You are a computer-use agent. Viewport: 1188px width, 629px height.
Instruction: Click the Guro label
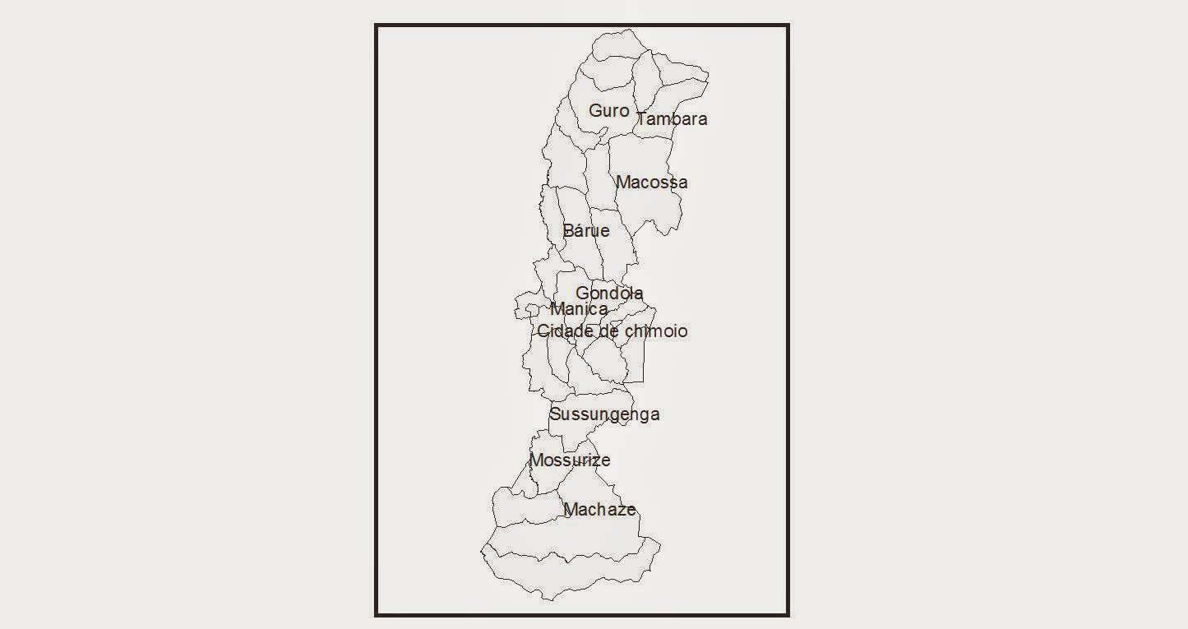609,110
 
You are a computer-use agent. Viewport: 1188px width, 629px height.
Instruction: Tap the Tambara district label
672,118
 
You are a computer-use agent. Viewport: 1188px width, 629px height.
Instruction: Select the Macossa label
651,182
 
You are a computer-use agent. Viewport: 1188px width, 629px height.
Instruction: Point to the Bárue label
586,230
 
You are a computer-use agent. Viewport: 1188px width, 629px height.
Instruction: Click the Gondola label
609,293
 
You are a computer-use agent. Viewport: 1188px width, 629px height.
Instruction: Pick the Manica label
579,309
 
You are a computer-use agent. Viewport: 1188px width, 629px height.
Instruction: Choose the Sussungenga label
604,414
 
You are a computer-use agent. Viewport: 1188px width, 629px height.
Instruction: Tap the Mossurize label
569,460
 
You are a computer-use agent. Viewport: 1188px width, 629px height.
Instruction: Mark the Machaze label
599,510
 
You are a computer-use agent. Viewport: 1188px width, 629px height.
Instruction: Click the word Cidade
565,331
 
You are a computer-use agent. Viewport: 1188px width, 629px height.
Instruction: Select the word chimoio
656,331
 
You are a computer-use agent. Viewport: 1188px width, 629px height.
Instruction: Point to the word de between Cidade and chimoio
608,331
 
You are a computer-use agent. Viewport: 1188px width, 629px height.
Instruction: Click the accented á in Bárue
579,230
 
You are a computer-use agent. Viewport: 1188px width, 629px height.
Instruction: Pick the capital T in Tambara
642,118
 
